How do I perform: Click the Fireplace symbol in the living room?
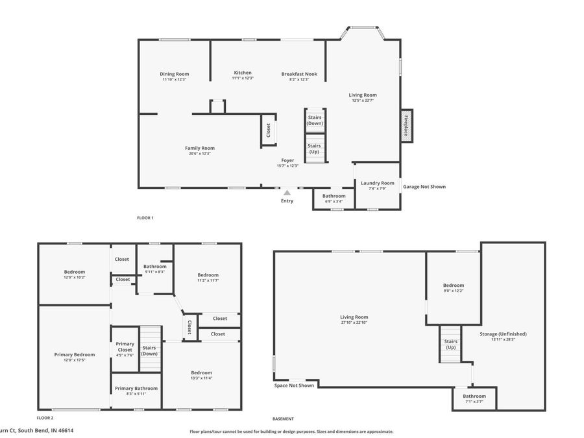pos(407,123)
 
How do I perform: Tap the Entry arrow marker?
pos(287,193)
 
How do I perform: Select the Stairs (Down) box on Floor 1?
pos(315,120)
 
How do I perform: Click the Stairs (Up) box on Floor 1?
pos(315,149)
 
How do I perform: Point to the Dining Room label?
pos(174,73)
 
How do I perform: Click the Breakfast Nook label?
pos(299,74)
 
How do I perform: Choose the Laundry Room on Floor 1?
pos(377,185)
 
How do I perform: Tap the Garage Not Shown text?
pos(424,187)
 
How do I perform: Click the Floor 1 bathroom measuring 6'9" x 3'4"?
pos(334,198)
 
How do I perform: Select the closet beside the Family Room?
pos(268,130)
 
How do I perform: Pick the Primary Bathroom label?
pos(136,388)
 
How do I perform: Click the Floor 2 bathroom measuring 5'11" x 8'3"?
pos(155,269)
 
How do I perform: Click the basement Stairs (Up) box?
pos(450,345)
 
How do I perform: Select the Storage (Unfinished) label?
pos(503,334)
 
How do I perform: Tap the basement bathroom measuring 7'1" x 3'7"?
pos(474,398)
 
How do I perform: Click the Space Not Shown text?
pos(294,385)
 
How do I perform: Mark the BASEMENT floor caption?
pos(283,419)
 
